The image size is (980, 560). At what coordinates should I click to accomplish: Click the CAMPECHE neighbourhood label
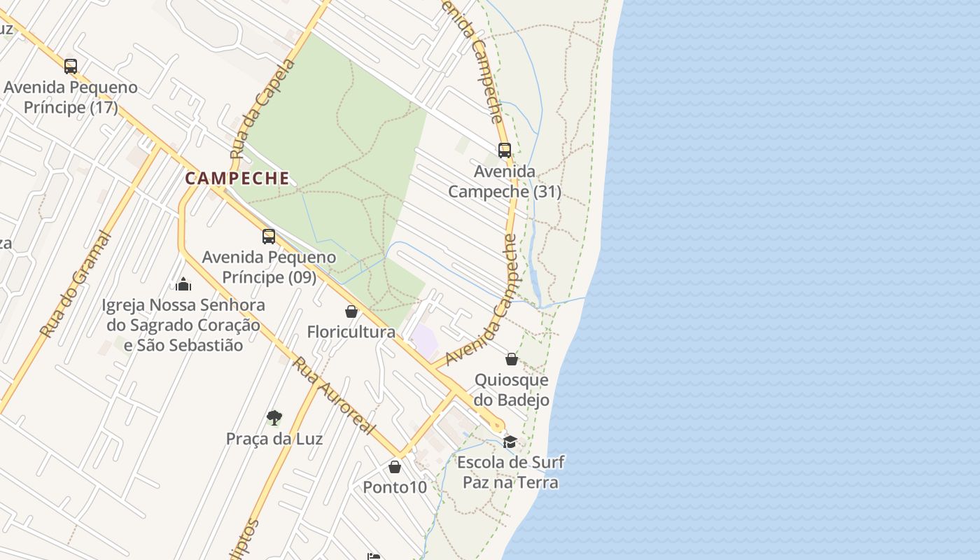coord(237,178)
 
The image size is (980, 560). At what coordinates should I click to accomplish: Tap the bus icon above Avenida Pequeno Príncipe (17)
coord(71,66)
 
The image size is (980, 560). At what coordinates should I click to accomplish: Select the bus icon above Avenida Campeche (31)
coord(505,150)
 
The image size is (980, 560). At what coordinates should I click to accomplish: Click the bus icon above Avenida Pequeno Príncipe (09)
coord(269,237)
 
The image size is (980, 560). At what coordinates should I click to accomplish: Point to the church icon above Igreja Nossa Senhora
coord(183,284)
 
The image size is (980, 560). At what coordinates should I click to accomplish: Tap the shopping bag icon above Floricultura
coord(351,311)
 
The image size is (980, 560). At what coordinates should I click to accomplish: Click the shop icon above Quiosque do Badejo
coord(512,359)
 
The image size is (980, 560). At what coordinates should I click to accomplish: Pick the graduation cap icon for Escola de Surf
coord(510,442)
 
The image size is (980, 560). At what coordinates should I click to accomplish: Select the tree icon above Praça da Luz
coord(274,418)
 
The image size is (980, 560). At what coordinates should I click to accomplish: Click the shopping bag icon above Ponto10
coord(395,467)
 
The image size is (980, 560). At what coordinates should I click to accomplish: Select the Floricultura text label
coord(351,332)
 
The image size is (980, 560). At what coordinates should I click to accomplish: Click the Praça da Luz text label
coord(274,439)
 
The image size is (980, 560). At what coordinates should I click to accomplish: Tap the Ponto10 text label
coord(395,487)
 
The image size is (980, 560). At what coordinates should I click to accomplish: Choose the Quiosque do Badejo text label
coord(512,390)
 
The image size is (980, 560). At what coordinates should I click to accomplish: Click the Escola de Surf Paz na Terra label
coord(510,472)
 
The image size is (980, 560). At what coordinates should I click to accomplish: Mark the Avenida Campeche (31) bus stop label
coord(505,181)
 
